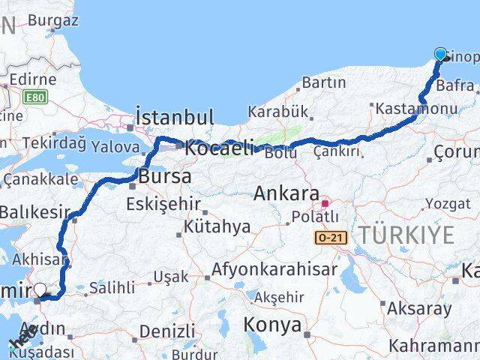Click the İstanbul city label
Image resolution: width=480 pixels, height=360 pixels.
(175, 117)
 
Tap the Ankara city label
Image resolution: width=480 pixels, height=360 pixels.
(286, 193)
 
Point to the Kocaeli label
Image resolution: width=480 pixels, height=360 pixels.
(220, 147)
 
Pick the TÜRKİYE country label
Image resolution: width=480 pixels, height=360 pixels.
(405, 235)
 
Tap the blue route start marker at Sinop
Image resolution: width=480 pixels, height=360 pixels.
(440, 54)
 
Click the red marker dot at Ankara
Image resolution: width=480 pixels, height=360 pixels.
(325, 202)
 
